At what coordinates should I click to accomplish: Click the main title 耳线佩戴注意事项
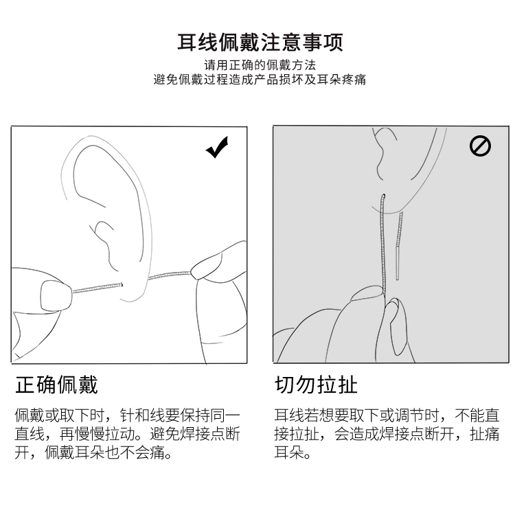click(260, 43)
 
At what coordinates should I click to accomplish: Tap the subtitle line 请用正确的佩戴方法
click(260, 65)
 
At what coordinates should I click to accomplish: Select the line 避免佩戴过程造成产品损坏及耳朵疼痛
click(260, 80)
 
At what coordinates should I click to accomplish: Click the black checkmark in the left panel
click(217, 147)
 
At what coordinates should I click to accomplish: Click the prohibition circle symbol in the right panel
click(480, 146)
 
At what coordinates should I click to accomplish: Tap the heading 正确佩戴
click(57, 385)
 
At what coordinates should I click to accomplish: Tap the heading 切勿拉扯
click(316, 385)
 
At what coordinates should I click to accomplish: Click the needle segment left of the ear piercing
click(96, 288)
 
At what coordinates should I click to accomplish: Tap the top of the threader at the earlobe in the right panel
click(383, 197)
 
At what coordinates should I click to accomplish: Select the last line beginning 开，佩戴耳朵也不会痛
click(93, 454)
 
